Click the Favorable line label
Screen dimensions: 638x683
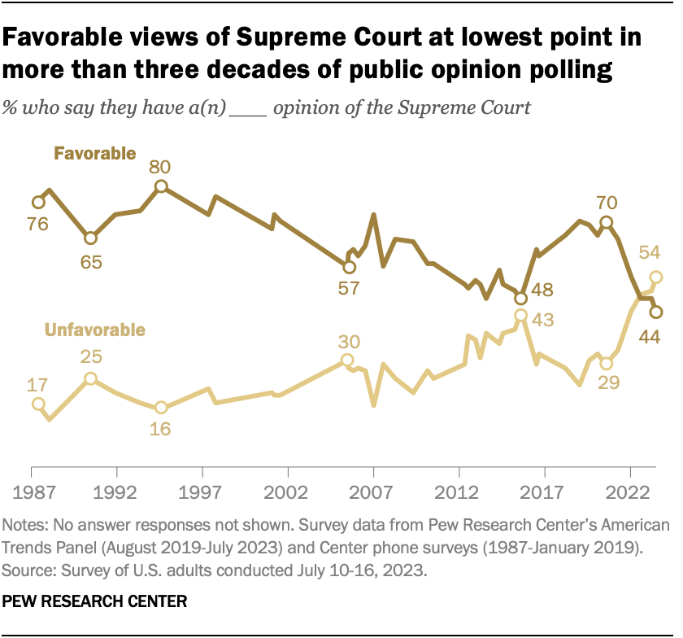coord(94,153)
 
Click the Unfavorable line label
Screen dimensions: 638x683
coord(95,330)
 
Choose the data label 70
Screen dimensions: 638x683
coord(606,203)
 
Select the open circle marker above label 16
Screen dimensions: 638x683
coord(161,407)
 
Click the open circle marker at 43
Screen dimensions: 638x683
coord(520,316)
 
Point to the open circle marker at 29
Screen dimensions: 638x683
coord(606,363)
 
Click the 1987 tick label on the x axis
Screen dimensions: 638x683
coord(31,493)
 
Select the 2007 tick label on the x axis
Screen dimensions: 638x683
coord(373,493)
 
